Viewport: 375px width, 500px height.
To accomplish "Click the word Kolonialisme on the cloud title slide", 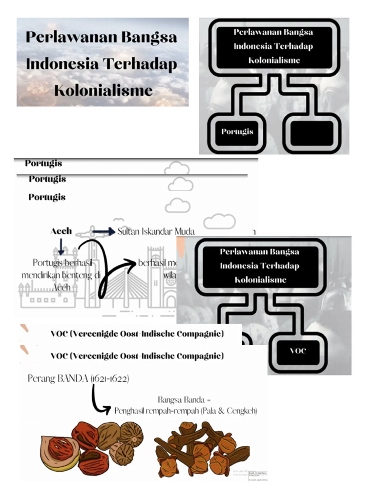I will coord(103,90).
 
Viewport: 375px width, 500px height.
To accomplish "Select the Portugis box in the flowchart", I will coord(237,132).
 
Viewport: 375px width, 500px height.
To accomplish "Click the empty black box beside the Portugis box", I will coord(311,133).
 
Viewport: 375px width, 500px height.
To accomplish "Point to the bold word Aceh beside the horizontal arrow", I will coord(61,231).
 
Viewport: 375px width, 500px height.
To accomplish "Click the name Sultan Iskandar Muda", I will coord(156,231).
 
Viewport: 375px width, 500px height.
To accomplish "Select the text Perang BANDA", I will coord(58,378).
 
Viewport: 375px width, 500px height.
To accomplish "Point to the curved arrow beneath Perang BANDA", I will coord(100,400).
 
